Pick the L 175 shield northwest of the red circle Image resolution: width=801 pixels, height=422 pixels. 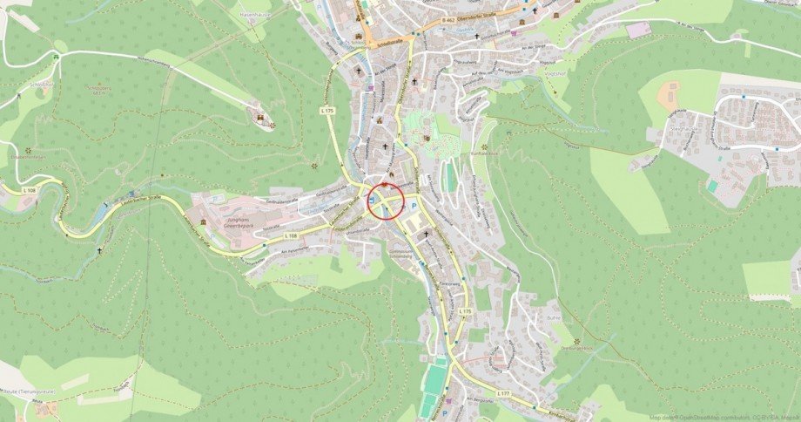(326, 112)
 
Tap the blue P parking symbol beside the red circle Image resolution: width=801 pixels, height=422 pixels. (414, 207)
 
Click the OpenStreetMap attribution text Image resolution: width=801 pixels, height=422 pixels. (724, 417)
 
